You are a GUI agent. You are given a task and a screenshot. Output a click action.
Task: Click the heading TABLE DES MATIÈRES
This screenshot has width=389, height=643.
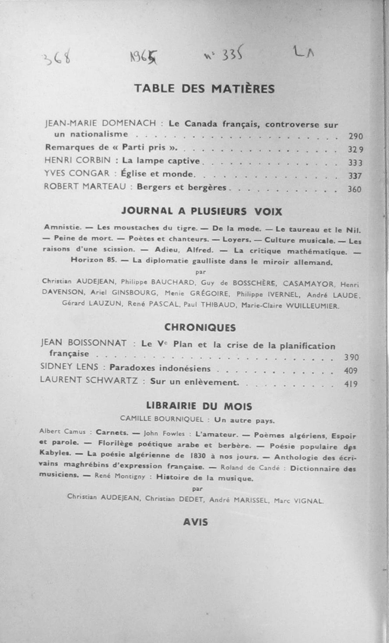point(204,89)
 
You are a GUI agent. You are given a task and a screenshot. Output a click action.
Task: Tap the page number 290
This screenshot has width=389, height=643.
point(356,136)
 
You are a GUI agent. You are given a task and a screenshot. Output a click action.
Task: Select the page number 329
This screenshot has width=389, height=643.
point(356,150)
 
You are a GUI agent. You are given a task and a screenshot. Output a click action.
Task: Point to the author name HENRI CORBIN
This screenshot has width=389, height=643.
point(78,160)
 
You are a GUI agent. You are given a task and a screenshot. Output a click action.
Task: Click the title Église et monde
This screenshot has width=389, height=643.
point(158,174)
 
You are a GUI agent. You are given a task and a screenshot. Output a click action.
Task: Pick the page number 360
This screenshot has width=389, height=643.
point(355,189)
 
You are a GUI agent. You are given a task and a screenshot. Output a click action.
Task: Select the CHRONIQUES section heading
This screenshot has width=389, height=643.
point(200,328)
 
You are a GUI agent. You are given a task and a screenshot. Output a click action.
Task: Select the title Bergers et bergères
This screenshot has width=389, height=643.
point(181,187)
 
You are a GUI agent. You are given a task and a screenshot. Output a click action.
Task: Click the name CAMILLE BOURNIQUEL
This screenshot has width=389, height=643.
point(162,419)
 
